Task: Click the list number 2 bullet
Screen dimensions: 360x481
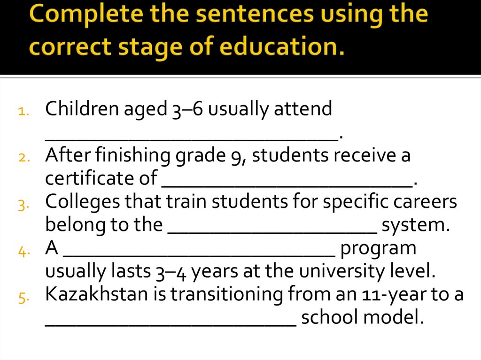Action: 24,158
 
